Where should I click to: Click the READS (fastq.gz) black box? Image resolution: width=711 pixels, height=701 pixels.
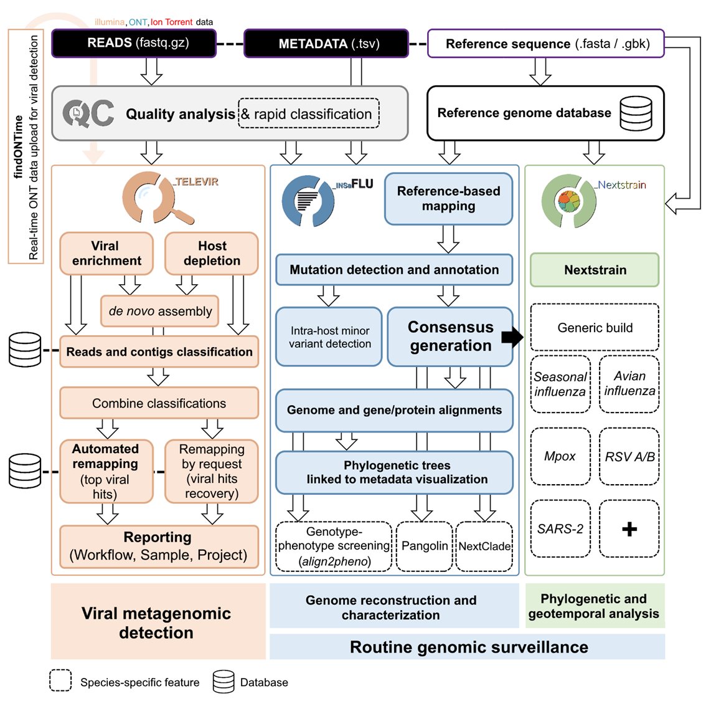click(x=133, y=44)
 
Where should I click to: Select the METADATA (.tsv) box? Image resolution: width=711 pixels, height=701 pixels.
click(x=326, y=44)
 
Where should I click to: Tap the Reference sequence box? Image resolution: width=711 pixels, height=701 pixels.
click(x=545, y=44)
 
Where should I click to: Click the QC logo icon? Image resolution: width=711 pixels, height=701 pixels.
click(x=88, y=113)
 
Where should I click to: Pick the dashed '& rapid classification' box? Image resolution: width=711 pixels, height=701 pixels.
click(x=309, y=114)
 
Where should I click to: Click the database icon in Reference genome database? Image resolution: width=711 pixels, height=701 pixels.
click(x=636, y=113)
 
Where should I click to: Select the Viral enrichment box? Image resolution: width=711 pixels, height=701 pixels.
click(x=106, y=254)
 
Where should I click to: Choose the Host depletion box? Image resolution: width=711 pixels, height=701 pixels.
click(x=212, y=254)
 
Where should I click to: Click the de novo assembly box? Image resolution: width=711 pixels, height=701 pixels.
click(x=160, y=311)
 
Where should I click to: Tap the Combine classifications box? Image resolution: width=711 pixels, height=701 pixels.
click(x=159, y=403)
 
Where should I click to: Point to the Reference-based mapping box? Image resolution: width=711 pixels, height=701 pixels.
click(x=448, y=199)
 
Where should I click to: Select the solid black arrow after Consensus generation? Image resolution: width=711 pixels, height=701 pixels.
click(x=512, y=337)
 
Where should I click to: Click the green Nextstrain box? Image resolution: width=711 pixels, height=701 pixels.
click(x=595, y=270)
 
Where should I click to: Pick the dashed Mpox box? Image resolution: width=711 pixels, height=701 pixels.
click(x=560, y=456)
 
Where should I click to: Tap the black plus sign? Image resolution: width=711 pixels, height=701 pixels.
click(x=629, y=529)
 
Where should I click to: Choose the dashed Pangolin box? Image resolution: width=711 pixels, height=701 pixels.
click(x=424, y=546)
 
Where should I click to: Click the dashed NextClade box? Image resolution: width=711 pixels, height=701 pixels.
click(x=484, y=546)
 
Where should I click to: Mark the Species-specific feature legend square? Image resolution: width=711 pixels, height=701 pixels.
click(x=60, y=680)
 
